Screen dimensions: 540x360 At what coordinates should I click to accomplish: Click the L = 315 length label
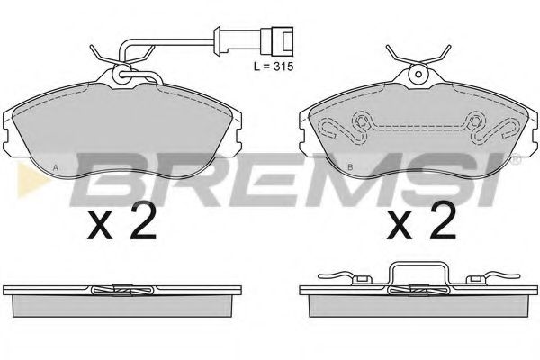pos(274,67)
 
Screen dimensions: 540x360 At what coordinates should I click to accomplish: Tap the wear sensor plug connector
pos(277,41)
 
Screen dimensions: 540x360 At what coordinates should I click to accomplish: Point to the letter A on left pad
pos(55,168)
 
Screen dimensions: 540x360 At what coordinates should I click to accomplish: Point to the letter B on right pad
pos(350,168)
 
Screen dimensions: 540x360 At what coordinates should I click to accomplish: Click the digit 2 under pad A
pos(142,220)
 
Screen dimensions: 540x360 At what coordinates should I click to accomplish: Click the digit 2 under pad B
pos(442,220)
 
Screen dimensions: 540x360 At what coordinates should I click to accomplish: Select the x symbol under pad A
pos(100,226)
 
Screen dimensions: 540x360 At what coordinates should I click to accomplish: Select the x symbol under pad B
pos(400,226)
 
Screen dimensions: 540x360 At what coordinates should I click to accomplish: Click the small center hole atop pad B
pos(418,74)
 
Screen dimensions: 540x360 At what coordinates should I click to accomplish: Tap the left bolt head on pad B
pos(361,121)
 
